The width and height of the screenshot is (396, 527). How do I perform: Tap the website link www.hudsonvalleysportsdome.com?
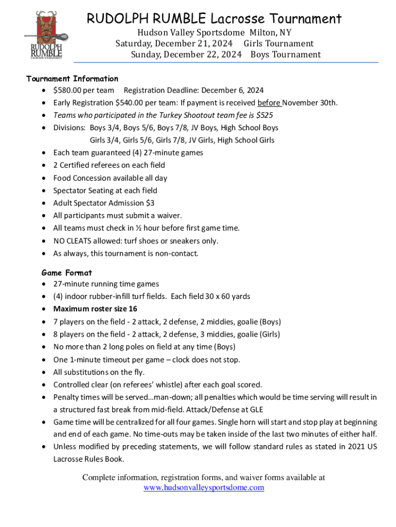[x=204, y=487]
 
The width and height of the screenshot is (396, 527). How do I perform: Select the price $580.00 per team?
[x=84, y=90]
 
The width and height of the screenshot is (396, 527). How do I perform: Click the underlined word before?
[x=269, y=102]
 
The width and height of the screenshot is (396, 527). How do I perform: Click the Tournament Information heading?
[x=72, y=79]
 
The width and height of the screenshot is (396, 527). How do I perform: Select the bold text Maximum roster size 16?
[x=95, y=309]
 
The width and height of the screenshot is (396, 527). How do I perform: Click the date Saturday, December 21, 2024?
[x=174, y=43]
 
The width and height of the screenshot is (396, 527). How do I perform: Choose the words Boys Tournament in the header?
[x=285, y=55]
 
